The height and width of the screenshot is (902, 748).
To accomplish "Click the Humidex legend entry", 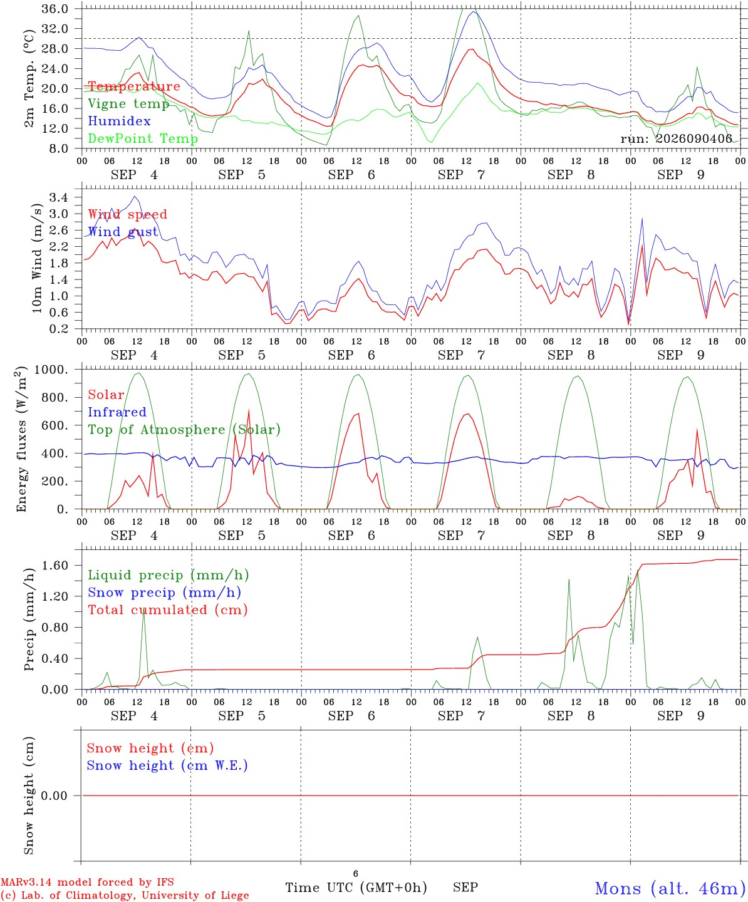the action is tap(119, 121).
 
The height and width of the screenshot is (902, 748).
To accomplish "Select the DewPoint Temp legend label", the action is tap(143, 138).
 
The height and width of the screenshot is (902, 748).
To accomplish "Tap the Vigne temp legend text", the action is tap(128, 104).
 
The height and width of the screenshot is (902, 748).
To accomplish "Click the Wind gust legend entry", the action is tap(123, 232).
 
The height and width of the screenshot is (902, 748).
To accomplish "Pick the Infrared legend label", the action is tap(117, 412).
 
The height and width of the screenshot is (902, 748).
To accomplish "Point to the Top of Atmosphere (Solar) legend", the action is tap(185, 430).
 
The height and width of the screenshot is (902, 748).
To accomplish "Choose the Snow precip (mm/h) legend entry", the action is tap(164, 593).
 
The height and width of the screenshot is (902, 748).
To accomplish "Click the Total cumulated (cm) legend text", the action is tap(168, 610).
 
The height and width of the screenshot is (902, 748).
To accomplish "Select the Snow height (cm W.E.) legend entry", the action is tap(167, 765).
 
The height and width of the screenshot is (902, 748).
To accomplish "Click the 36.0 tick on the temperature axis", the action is tap(55, 9).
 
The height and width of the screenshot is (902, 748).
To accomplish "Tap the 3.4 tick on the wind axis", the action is tap(58, 198).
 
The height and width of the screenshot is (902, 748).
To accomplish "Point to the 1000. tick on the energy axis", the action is tap(51, 370).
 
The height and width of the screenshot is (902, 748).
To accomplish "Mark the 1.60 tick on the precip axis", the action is tap(55, 566).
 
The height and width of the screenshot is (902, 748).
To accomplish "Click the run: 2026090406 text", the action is tap(676, 138).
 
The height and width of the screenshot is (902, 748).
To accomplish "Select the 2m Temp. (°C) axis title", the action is tap(29, 79).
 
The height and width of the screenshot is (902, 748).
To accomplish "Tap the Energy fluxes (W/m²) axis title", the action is tap(21, 439).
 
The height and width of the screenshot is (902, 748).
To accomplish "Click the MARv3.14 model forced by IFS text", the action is tap(87, 882).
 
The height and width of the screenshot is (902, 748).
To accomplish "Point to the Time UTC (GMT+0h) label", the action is tap(356, 888).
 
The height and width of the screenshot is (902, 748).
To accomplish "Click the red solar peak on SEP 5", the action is tap(249, 410).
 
